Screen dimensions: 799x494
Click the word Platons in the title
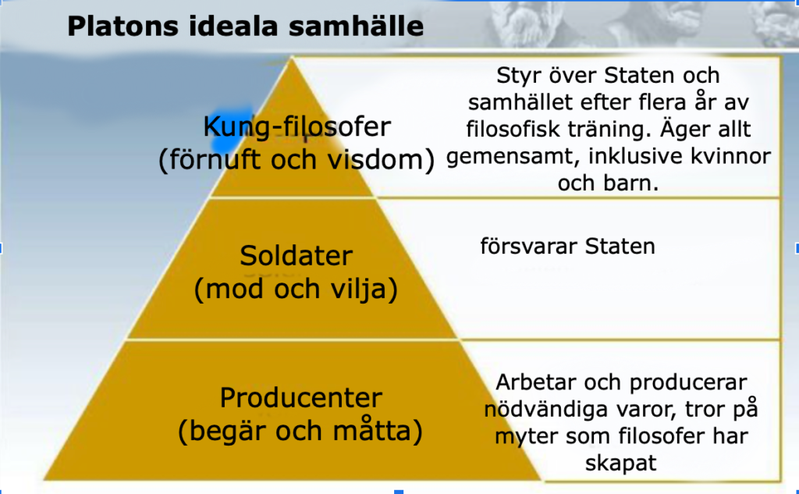pyautogui.click(x=123, y=27)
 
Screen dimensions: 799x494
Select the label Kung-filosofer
pyautogui.click(x=297, y=127)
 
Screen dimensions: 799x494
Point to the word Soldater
pyautogui.click(x=296, y=256)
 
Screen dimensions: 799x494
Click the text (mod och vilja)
pyautogui.click(x=296, y=290)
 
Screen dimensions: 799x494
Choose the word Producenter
pyautogui.click(x=300, y=398)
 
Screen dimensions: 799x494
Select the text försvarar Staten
pyautogui.click(x=568, y=247)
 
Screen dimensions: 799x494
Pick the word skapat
pyautogui.click(x=620, y=464)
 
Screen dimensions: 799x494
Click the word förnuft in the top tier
pyautogui.click(x=212, y=160)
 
